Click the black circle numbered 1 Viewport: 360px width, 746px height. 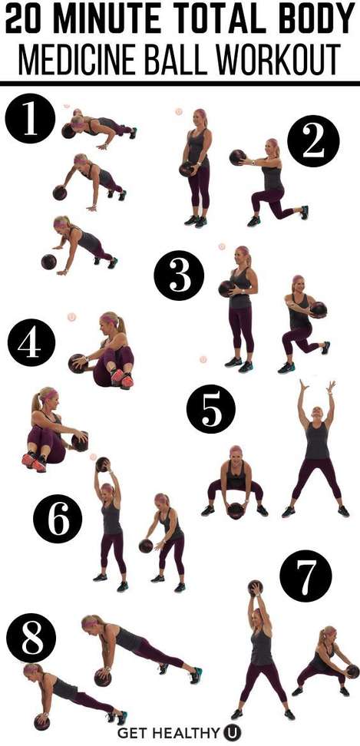[x=30, y=118]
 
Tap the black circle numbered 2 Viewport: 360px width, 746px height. [x=313, y=140]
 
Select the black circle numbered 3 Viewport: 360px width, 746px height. [x=179, y=276]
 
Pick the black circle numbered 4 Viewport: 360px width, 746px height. [x=31, y=342]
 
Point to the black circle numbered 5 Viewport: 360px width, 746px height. [x=210, y=408]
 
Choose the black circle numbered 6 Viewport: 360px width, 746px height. [x=58, y=520]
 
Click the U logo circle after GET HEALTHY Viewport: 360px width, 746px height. [x=232, y=732]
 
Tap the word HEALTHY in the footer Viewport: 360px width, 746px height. [x=192, y=733]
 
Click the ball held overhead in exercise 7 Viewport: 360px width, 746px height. [x=255, y=588]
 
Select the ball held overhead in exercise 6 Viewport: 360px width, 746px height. [x=103, y=464]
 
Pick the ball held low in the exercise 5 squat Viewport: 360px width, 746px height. [x=235, y=510]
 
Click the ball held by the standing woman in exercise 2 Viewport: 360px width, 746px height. [x=187, y=169]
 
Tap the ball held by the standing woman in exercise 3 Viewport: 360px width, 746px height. [x=226, y=289]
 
